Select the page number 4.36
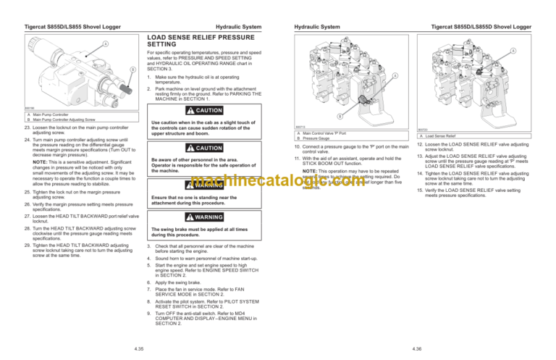pos(416,348)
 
